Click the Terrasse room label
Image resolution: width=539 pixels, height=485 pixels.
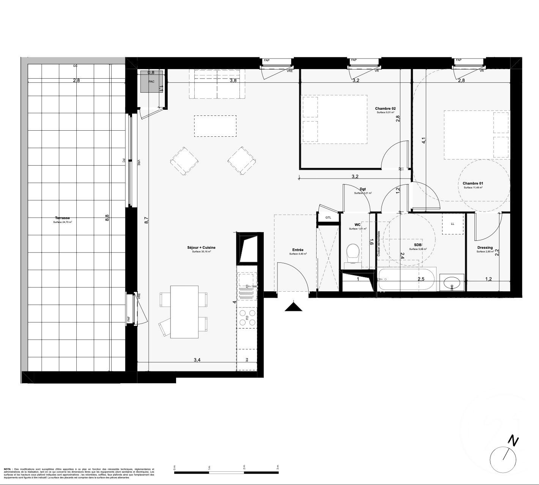[62, 218]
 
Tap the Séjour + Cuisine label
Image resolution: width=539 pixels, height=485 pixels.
[201, 247]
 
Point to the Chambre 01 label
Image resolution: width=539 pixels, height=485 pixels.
[473, 183]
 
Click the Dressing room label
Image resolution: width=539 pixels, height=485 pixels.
[485, 248]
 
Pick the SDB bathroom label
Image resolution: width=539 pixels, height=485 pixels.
[418, 245]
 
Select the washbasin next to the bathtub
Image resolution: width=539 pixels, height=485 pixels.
[452, 283]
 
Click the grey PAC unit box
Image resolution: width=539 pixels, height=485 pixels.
[151, 81]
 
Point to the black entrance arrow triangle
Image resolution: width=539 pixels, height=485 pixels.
[293, 306]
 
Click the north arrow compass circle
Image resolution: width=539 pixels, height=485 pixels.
[503, 458]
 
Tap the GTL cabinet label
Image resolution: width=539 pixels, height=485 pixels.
[328, 218]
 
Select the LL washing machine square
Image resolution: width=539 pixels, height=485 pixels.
[452, 224]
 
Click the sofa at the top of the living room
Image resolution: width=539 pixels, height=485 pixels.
[217, 84]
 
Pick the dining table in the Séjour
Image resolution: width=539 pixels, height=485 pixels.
[184, 312]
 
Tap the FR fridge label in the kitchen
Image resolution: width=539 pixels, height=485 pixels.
[247, 359]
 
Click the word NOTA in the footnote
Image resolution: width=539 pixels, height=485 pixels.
[7, 469]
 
